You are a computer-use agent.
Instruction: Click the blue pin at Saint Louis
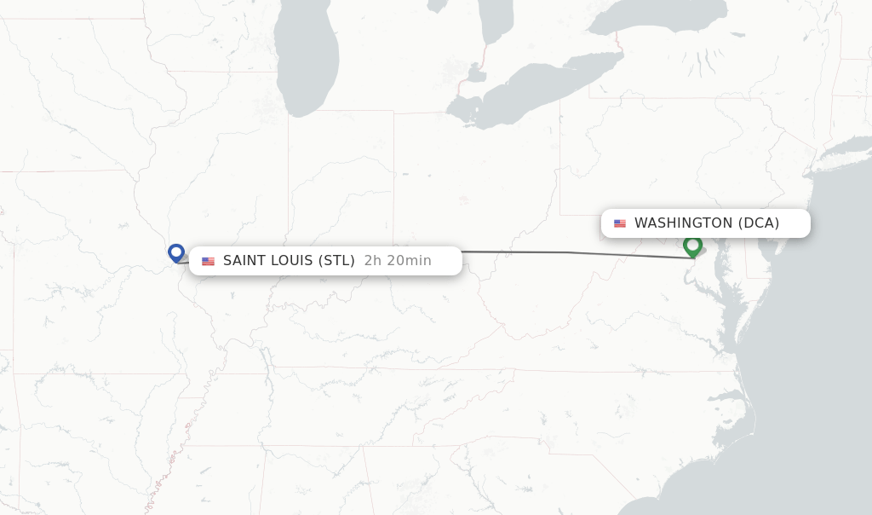pyautogui.click(x=176, y=252)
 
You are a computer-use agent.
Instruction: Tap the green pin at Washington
pyautogui.click(x=692, y=246)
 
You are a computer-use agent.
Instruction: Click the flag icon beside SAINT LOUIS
pyautogui.click(x=208, y=261)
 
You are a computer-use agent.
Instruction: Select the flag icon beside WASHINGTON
pyautogui.click(x=620, y=223)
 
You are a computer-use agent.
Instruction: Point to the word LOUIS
pyautogui.click(x=292, y=261)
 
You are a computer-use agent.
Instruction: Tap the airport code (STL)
pyautogui.click(x=336, y=261)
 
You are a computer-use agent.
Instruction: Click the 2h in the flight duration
pyautogui.click(x=373, y=261)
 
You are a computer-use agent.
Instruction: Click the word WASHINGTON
pyautogui.click(x=683, y=223)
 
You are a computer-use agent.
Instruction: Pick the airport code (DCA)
pyautogui.click(x=759, y=223)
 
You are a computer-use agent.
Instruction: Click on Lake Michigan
pyautogui.click(x=308, y=60)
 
